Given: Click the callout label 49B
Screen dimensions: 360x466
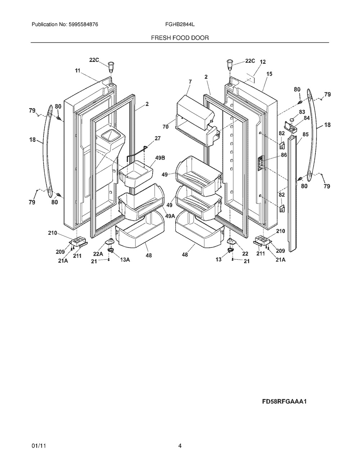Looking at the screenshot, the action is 160,158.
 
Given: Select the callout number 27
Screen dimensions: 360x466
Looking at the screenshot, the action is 158,138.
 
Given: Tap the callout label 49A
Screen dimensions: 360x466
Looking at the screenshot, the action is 170,216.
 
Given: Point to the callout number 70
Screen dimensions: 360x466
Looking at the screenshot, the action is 166,127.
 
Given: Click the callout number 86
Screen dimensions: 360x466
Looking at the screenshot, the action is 284,155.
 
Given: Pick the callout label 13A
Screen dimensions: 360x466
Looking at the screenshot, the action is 125,260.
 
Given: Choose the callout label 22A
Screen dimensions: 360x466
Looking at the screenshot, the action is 98,254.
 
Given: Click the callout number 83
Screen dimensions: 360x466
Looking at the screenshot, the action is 302,112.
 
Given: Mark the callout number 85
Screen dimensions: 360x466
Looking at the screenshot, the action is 305,134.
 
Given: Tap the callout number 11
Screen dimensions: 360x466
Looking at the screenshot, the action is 77,70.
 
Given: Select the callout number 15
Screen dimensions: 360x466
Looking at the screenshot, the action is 269,74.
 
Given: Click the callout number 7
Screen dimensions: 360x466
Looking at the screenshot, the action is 190,81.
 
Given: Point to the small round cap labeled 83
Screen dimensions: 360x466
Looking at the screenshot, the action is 292,120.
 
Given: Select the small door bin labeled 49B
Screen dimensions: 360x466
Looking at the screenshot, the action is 136,174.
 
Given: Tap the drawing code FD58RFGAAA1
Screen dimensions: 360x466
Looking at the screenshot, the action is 284,401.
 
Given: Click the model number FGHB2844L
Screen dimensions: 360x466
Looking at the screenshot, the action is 180,24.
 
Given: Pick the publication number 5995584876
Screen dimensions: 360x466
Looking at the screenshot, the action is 84,24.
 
